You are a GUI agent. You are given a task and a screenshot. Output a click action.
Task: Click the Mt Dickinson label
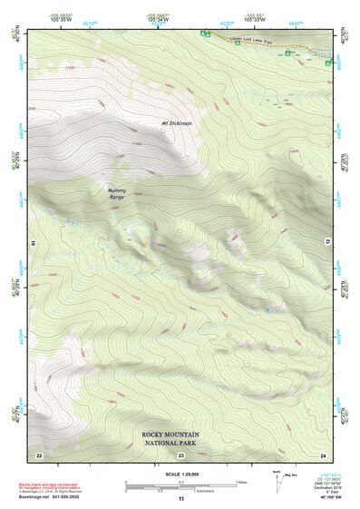pyautogui.click(x=178, y=123)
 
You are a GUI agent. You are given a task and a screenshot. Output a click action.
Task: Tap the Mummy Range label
pyautogui.click(x=117, y=193)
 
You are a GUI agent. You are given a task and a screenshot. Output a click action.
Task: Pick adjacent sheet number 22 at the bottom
pyautogui.click(x=38, y=454)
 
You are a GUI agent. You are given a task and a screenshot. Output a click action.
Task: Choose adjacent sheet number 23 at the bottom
pyautogui.click(x=180, y=454)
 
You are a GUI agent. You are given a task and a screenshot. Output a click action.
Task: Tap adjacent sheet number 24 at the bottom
pyautogui.click(x=322, y=454)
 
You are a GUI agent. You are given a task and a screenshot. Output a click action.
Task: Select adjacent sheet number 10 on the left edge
pyautogui.click(x=31, y=243)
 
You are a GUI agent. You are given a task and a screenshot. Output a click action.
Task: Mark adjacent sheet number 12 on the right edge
pyautogui.click(x=330, y=243)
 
